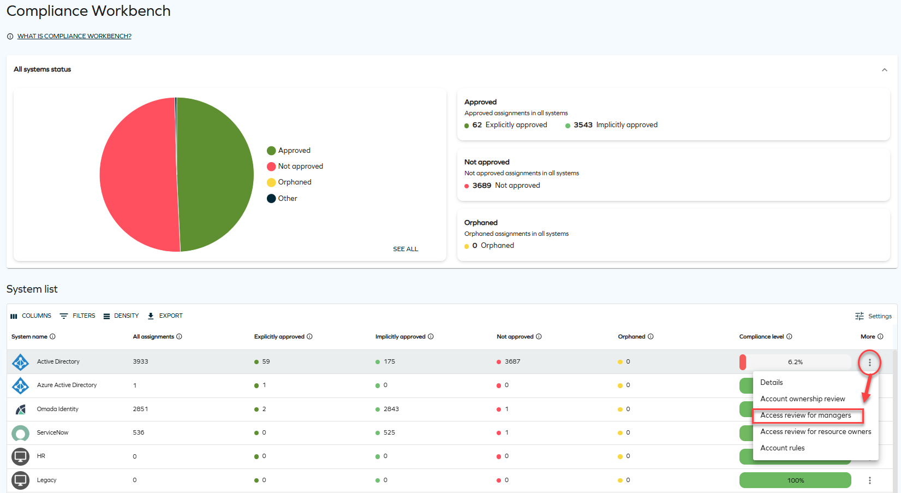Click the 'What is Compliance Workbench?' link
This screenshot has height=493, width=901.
74,36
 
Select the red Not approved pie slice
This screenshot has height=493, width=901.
137,175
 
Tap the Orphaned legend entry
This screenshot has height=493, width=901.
289,182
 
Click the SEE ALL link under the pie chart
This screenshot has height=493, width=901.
405,249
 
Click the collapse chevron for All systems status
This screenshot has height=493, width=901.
885,70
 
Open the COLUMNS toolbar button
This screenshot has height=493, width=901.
31,316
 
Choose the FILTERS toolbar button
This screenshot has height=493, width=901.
77,316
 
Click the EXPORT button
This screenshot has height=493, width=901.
165,316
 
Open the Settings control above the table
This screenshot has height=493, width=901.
873,316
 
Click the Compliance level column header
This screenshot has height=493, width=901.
761,337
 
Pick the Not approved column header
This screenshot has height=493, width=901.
515,337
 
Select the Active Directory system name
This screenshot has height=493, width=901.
58,362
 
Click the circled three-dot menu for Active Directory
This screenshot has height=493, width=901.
870,363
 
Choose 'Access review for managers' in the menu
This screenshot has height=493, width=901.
805,415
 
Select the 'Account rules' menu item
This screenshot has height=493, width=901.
783,448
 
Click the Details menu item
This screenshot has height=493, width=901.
772,383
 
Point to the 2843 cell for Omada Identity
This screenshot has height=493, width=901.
391,409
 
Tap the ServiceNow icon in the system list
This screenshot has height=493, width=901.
21,433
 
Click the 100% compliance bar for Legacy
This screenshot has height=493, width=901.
795,480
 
